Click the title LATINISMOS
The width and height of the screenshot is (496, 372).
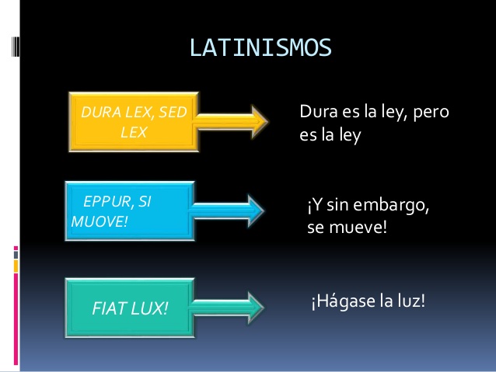click(x=260, y=47)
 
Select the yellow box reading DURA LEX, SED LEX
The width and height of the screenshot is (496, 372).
click(x=134, y=122)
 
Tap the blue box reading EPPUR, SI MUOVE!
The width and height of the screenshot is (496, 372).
click(x=130, y=210)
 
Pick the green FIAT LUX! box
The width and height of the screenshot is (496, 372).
click(x=130, y=308)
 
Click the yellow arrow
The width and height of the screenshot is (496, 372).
click(x=231, y=122)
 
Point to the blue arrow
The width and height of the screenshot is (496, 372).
click(x=227, y=210)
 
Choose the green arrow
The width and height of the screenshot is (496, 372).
click(x=227, y=308)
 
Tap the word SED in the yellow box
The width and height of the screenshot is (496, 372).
click(x=173, y=112)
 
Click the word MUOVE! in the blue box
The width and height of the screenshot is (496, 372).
click(x=100, y=221)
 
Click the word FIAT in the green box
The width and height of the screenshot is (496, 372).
click(x=109, y=308)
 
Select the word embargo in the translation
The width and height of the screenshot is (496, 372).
click(x=391, y=206)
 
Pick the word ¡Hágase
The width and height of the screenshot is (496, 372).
click(x=343, y=301)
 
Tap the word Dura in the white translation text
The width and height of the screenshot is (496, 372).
click(x=319, y=112)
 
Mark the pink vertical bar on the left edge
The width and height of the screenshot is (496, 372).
click(x=16, y=319)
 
